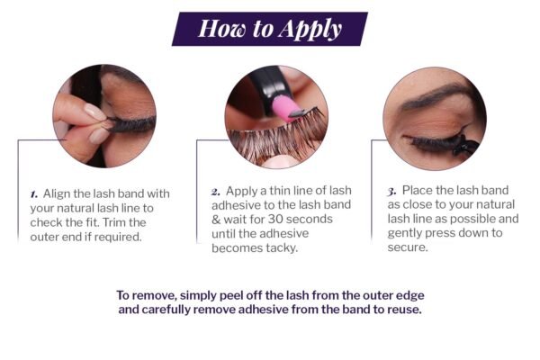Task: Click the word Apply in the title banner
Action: [x=310, y=30]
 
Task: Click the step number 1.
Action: [x=34, y=194]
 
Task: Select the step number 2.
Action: [x=216, y=192]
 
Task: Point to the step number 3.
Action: [x=391, y=192]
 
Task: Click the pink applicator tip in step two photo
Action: [x=283, y=108]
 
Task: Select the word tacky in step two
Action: [x=282, y=248]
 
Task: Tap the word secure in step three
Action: [x=408, y=247]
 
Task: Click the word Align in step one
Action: [x=57, y=194]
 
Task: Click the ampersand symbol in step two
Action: [x=216, y=220]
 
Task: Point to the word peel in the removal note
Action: [x=229, y=295]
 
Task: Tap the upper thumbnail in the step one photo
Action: [x=94, y=112]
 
